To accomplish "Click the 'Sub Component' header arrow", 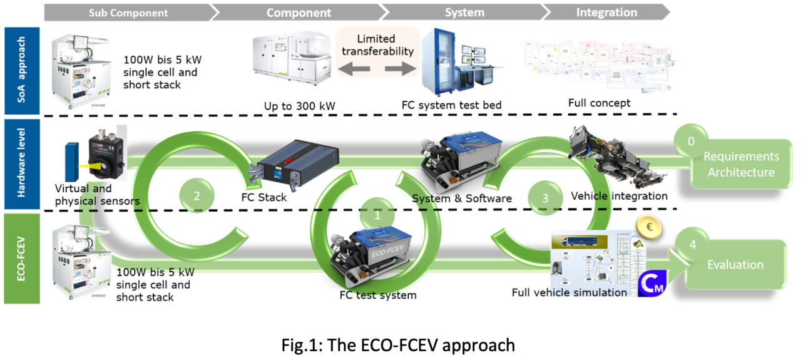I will (128, 13).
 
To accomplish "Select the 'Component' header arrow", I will (298, 13).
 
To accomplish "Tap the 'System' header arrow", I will (464, 13).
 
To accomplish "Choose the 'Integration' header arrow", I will (606, 13).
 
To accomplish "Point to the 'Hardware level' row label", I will (21, 164).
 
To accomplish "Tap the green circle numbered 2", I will (196, 195).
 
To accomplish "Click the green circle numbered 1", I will (377, 214).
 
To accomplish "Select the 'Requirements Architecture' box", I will (741, 164).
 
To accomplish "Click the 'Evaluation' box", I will (735, 265).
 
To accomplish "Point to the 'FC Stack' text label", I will (263, 197).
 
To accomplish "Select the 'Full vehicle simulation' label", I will (569, 292).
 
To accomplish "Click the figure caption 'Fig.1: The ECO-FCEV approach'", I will (398, 344).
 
